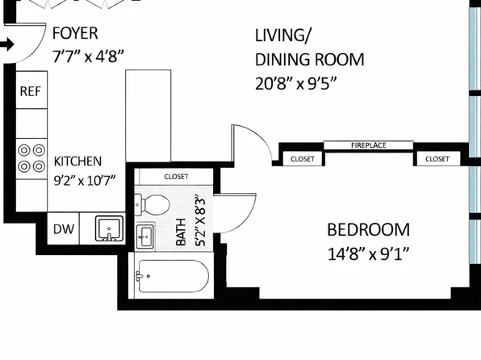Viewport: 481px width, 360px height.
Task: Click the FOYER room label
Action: pyautogui.click(x=75, y=33)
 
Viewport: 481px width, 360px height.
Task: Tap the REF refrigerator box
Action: pyautogui.click(x=31, y=90)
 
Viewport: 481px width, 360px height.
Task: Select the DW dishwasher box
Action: pyautogui.click(x=64, y=228)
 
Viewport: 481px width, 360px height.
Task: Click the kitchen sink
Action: pyautogui.click(x=110, y=228)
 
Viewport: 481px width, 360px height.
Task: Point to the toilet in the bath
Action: pyautogui.click(x=153, y=204)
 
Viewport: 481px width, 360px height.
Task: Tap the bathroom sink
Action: pyautogui.click(x=144, y=237)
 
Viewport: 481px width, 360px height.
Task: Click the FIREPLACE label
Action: pyautogui.click(x=369, y=145)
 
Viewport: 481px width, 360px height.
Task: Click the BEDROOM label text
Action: pyautogui.click(x=369, y=230)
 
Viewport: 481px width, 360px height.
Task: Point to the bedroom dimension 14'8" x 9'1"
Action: pyautogui.click(x=369, y=254)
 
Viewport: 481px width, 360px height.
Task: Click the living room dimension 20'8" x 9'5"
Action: pyautogui.click(x=296, y=83)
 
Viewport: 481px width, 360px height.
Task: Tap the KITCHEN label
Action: pyautogui.click(x=77, y=161)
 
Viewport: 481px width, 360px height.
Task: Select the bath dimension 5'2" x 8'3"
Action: pyautogui.click(x=200, y=222)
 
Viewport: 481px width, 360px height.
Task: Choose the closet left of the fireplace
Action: pyautogui.click(x=302, y=159)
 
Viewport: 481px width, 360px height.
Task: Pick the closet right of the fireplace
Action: pyautogui.click(x=437, y=159)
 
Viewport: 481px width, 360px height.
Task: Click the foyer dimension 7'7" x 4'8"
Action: pyautogui.click(x=88, y=57)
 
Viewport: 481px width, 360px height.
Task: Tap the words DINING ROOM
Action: pyautogui.click(x=310, y=59)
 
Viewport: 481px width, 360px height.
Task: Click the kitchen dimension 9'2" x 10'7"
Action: pyautogui.click(x=85, y=181)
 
